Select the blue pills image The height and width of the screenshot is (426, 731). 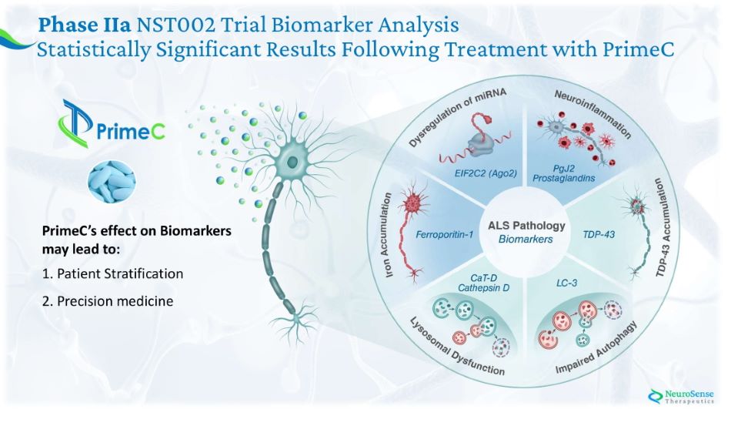pyautogui.click(x=112, y=183)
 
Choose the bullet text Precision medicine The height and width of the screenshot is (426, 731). pyautogui.click(x=108, y=301)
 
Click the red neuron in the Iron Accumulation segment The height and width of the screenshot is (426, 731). pyautogui.click(x=409, y=208)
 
